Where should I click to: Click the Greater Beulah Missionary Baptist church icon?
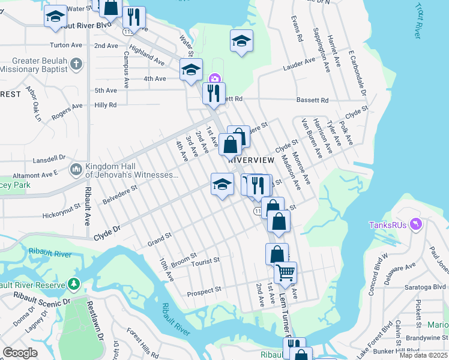tap(76, 63)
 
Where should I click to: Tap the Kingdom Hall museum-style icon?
tap(76, 170)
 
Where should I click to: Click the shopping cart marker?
tap(286, 273)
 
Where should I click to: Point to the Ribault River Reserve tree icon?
tap(73, 283)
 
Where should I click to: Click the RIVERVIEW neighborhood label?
tap(251, 160)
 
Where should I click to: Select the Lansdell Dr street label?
tap(50, 158)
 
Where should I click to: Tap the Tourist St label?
tap(205, 261)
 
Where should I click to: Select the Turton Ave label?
tap(66, 45)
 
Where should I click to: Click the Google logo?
tap(20, 353)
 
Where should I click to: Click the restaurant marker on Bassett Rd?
tap(214, 94)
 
